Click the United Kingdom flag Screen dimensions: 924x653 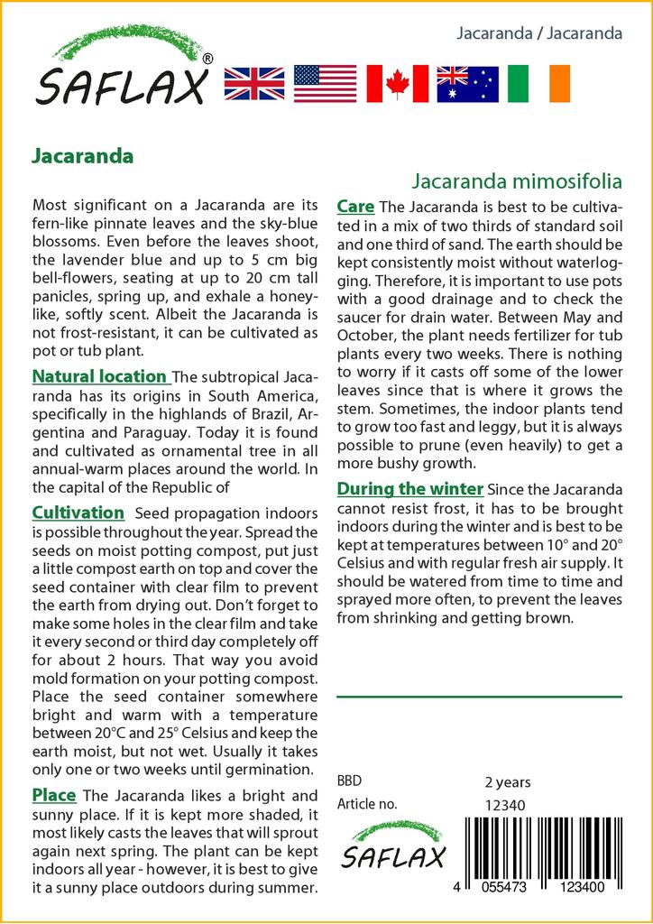(x=253, y=83)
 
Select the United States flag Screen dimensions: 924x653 (x=325, y=83)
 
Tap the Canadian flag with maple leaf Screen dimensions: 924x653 (x=396, y=83)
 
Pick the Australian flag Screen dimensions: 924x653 (x=467, y=83)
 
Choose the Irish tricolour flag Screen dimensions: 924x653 (x=538, y=83)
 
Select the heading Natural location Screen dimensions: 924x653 (x=99, y=376)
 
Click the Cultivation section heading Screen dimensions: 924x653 (x=78, y=513)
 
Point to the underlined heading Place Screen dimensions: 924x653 (x=53, y=795)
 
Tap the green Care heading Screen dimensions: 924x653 (x=355, y=207)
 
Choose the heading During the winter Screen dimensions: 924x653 (x=409, y=489)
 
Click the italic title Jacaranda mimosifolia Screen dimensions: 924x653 (x=518, y=180)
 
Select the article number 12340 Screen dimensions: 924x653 (x=505, y=805)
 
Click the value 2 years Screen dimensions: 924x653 (x=508, y=781)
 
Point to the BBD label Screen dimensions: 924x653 (x=349, y=781)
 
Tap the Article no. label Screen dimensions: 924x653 (x=366, y=804)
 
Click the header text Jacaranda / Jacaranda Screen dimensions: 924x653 (x=539, y=33)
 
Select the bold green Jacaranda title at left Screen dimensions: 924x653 (x=82, y=154)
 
